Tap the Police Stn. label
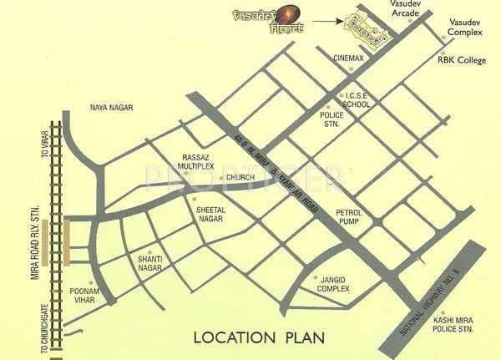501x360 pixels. tap(332, 118)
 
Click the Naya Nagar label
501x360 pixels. tap(112, 108)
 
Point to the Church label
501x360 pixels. tap(240, 178)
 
